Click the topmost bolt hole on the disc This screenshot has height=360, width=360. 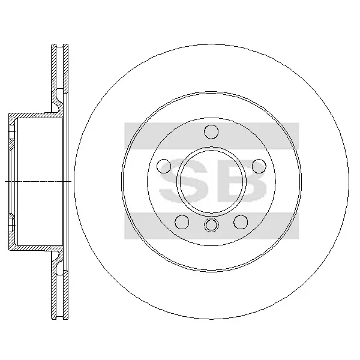[211, 131]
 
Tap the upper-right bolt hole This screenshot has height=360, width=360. [259, 166]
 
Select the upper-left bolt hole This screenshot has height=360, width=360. [162, 166]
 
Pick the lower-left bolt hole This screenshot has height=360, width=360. [181, 222]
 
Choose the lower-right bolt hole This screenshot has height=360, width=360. [241, 222]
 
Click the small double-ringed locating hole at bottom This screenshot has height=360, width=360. [211, 226]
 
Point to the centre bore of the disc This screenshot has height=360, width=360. [211, 181]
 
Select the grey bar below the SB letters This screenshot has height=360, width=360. [211, 226]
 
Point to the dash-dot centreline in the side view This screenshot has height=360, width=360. [36, 181]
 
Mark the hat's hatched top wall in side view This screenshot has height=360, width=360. [36, 115]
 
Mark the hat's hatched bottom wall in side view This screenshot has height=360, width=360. [36, 247]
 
